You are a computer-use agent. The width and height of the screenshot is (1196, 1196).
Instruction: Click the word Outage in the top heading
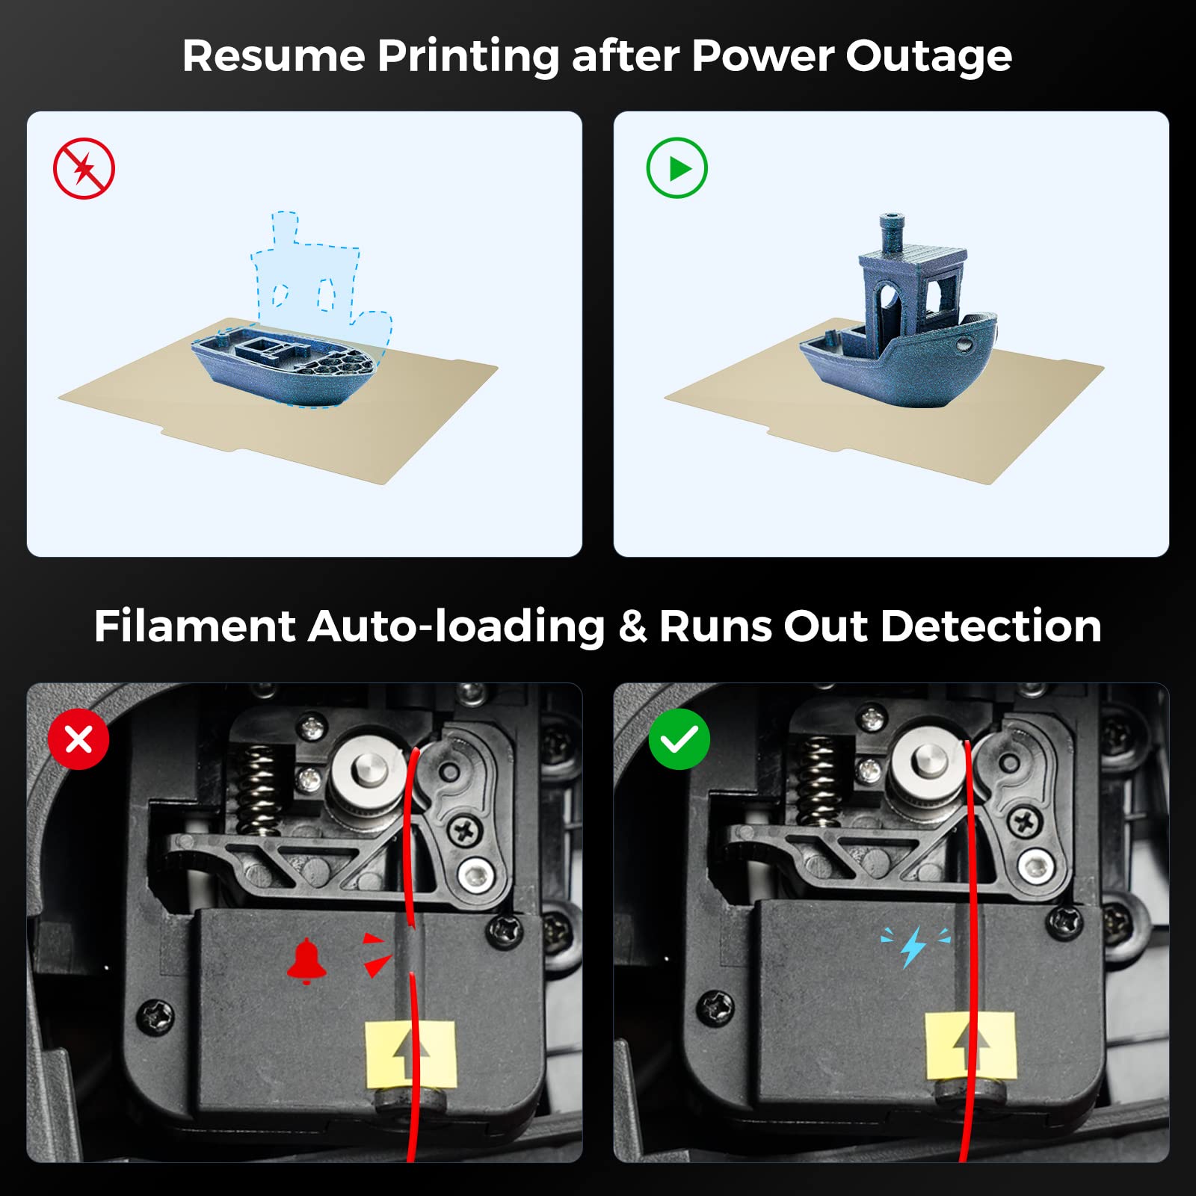tap(928, 57)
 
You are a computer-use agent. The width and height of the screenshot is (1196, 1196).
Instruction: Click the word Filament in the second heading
tap(194, 626)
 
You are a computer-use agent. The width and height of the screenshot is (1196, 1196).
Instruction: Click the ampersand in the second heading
tap(632, 626)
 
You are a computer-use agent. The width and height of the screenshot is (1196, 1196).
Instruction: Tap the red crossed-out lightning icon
tap(84, 168)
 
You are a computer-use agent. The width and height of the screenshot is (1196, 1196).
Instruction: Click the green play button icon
tap(676, 167)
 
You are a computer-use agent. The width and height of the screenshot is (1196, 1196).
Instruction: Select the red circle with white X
tap(78, 739)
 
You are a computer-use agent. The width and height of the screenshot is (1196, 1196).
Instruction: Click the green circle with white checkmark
tap(679, 739)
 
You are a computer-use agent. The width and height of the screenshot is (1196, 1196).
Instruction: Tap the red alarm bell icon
tap(306, 961)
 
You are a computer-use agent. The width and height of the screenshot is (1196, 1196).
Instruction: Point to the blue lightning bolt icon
tap(913, 947)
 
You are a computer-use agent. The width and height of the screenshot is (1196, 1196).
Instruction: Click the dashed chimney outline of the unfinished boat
tap(284, 227)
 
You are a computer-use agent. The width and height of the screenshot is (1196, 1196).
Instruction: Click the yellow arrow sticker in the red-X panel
tap(410, 1054)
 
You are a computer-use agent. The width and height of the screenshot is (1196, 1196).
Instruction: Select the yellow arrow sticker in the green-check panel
tap(970, 1046)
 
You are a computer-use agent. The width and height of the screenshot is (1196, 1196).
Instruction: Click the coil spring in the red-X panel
tap(258, 789)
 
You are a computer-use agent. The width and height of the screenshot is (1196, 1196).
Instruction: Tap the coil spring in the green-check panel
tap(819, 781)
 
